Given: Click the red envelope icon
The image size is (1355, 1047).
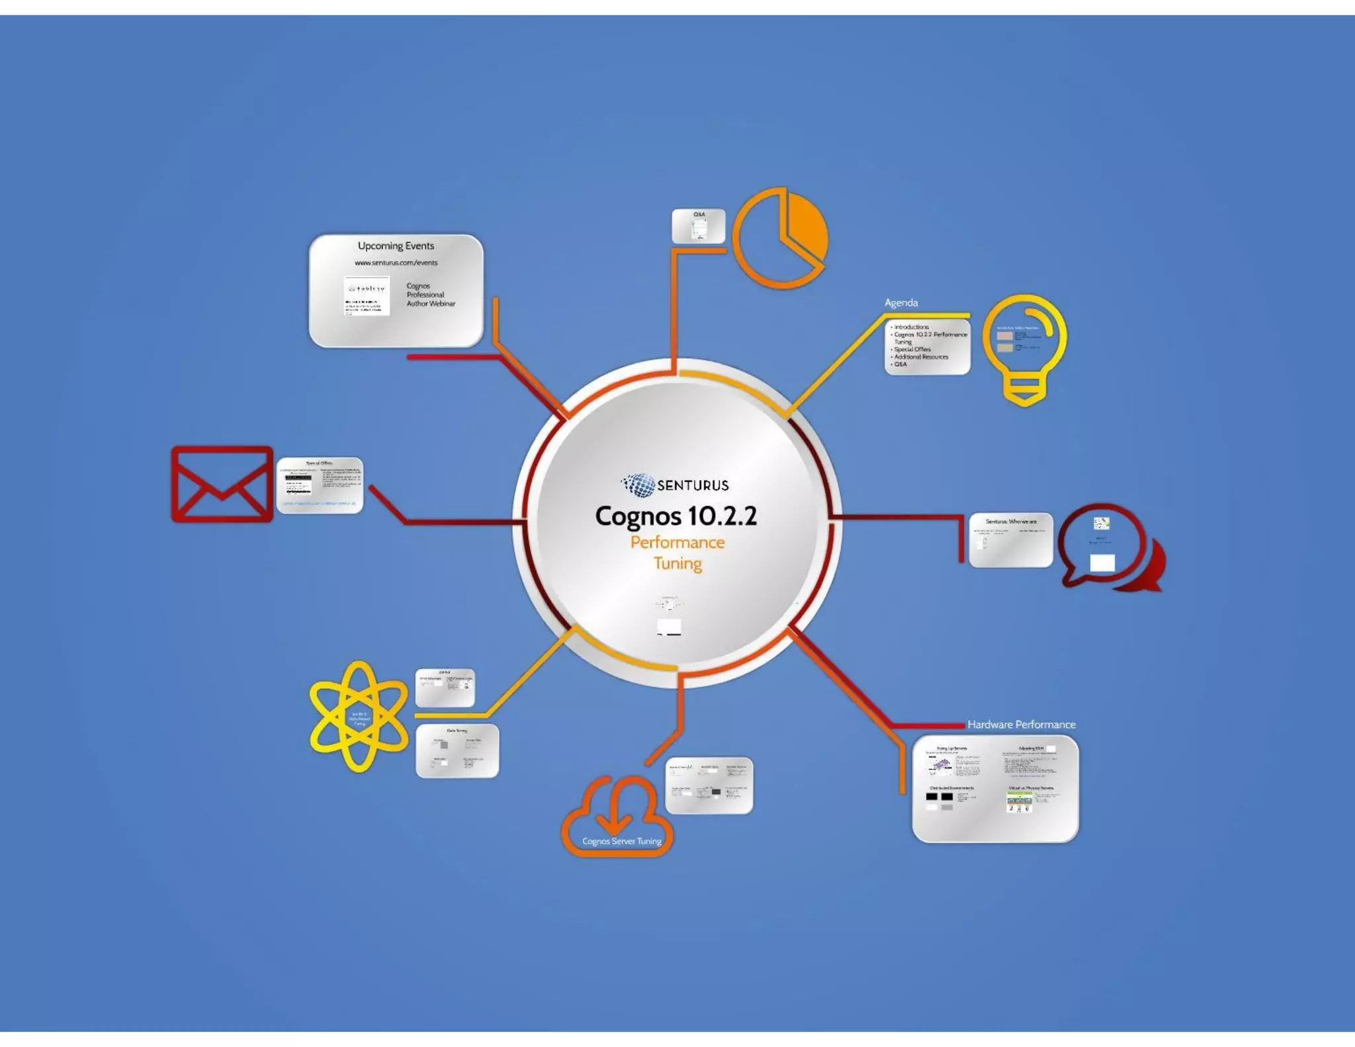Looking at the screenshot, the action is pyautogui.click(x=222, y=484).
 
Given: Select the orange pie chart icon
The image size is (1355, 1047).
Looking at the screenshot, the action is pyautogui.click(x=781, y=238).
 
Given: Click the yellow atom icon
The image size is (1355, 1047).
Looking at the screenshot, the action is pyautogui.click(x=358, y=716).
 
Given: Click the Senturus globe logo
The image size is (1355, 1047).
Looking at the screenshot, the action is pyautogui.click(x=639, y=484).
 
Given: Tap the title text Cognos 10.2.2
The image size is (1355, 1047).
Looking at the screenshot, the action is pyautogui.click(x=676, y=516).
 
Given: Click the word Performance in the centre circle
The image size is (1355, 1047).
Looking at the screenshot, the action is pyautogui.click(x=677, y=543).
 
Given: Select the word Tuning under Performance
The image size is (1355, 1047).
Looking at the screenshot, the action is pyautogui.click(x=677, y=563).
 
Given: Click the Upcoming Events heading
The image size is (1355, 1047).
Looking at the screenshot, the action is pyautogui.click(x=396, y=246).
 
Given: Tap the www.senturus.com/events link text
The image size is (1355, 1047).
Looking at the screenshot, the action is pyautogui.click(x=396, y=263).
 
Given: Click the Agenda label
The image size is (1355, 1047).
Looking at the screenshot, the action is pyautogui.click(x=900, y=302).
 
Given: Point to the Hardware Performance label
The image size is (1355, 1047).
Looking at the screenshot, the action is pyautogui.click(x=1021, y=724).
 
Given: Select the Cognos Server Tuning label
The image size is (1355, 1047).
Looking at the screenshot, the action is pyautogui.click(x=621, y=841).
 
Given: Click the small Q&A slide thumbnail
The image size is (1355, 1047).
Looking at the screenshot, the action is pyautogui.click(x=698, y=226).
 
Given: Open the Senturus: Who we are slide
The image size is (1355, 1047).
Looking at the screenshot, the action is pyautogui.click(x=1010, y=539).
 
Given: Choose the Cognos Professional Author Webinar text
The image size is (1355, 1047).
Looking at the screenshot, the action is pyautogui.click(x=430, y=295).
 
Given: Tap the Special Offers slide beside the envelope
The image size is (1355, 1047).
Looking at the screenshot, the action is pyautogui.click(x=320, y=484).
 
